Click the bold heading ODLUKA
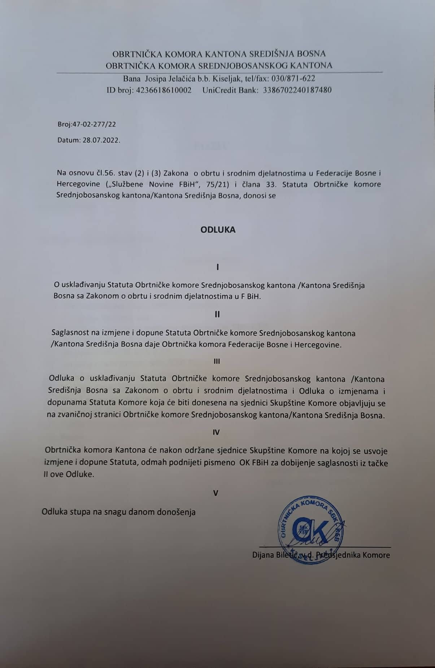[x=218, y=230]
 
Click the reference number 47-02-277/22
[x=94, y=125]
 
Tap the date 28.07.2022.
[x=101, y=140]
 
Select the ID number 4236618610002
[x=164, y=90]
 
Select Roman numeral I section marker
[x=218, y=267]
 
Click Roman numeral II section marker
[x=217, y=314]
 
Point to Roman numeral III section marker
[x=217, y=361]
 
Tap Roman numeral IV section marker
[x=216, y=432]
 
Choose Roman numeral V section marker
[x=216, y=493]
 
